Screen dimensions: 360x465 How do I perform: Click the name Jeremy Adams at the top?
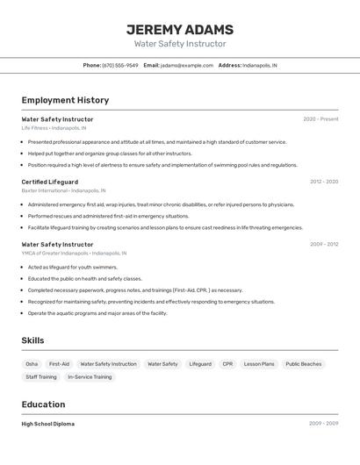pos(180,29)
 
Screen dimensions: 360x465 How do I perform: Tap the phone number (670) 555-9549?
pos(120,65)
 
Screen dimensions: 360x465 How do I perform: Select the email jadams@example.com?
pos(187,65)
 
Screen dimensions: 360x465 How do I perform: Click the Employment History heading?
pos(65,100)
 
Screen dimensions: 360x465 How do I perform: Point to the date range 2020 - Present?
pos(320,119)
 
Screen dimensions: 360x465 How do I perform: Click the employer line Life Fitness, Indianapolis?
pos(54,128)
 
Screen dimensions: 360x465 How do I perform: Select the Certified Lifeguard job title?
pos(50,182)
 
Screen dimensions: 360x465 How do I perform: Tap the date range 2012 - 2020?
pos(324,182)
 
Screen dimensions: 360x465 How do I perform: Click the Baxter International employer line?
pos(63,190)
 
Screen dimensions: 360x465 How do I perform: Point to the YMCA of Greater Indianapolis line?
pos(74,253)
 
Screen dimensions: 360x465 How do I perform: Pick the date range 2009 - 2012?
pos(324,244)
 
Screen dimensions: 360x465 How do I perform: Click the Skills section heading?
pos(33,340)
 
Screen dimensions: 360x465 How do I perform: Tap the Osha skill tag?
pos(32,364)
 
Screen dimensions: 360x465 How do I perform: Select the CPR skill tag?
pos(227,364)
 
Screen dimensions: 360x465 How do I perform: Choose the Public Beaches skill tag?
pos(304,364)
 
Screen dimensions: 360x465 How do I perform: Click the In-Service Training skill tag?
pos(90,377)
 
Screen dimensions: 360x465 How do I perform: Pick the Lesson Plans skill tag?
pos(259,364)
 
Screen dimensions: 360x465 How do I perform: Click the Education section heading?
pos(43,404)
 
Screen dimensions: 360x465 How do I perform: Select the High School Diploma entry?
pos(48,424)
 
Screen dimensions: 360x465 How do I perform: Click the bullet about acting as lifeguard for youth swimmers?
pos(72,267)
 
